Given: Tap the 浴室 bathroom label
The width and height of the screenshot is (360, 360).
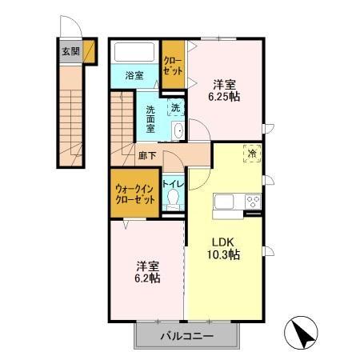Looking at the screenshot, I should pyautogui.click(x=134, y=76).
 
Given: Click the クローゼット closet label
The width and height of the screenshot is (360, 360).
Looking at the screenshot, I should pyautogui.click(x=172, y=65).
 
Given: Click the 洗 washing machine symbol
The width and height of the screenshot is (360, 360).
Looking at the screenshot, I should pyautogui.click(x=174, y=107).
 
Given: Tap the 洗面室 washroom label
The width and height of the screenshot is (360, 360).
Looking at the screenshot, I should pyautogui.click(x=150, y=119).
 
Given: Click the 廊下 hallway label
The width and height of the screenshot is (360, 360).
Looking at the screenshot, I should pyautogui.click(x=146, y=157).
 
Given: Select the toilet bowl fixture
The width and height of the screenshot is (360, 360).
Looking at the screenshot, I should pyautogui.click(x=172, y=202).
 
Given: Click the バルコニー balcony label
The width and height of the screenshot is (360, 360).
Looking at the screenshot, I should pyautogui.click(x=185, y=335).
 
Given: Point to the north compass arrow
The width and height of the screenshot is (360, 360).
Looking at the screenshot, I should pyautogui.click(x=302, y=330).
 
